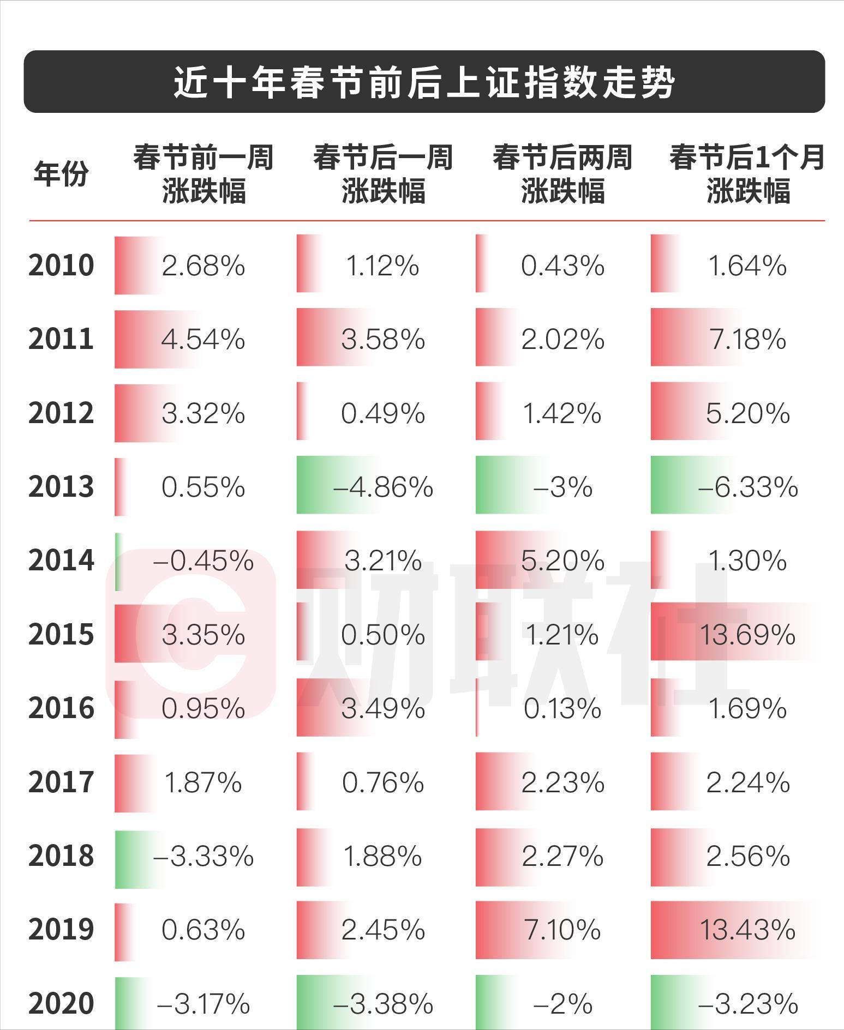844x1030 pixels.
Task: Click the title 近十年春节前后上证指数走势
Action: (424, 83)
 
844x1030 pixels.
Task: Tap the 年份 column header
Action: (61, 174)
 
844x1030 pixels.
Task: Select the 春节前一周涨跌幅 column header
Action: (203, 174)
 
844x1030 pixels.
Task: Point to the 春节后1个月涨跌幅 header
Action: (747, 174)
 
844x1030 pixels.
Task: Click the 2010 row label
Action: (61, 266)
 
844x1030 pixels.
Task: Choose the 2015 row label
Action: (61, 635)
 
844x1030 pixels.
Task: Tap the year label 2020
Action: (61, 1003)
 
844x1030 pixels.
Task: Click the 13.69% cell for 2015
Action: (747, 635)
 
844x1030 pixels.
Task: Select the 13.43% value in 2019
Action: (747, 930)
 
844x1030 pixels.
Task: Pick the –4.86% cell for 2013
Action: (382, 487)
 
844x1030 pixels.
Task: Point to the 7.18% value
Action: (747, 339)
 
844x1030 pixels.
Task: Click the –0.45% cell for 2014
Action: (203, 561)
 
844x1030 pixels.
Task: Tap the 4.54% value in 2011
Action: (203, 339)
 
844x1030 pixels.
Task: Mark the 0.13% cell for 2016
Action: (562, 708)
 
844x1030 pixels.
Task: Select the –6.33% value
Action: (747, 487)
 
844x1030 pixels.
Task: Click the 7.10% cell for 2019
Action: (562, 930)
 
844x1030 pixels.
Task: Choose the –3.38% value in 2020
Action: (382, 1003)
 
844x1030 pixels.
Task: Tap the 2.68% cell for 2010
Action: (203, 266)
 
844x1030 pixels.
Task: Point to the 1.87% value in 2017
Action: (203, 782)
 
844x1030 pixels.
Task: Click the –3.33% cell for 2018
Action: (203, 856)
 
